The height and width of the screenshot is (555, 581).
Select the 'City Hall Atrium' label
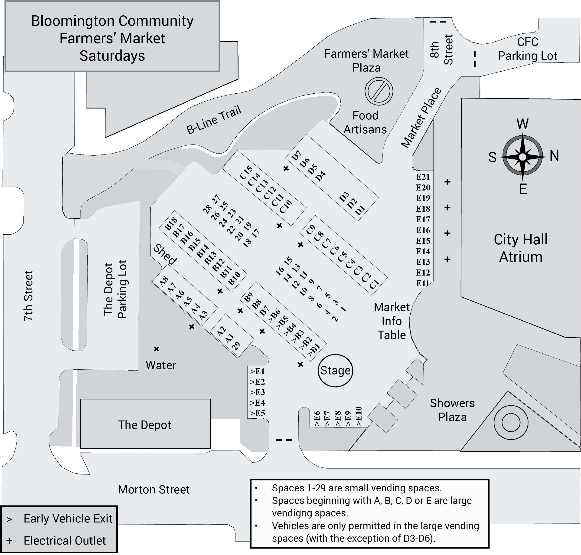click(520, 248)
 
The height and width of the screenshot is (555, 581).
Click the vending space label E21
click(423, 177)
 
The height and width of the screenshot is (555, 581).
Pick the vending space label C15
click(246, 172)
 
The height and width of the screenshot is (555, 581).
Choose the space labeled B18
click(171, 223)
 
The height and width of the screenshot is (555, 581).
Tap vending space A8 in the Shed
click(164, 281)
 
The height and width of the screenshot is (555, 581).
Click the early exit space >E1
click(257, 371)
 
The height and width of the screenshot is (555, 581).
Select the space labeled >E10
click(358, 416)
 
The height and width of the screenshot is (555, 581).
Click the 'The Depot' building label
click(145, 425)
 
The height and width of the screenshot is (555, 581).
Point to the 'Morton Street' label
click(154, 490)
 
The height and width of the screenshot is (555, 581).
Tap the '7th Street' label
click(28, 296)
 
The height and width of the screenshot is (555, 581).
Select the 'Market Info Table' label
click(392, 321)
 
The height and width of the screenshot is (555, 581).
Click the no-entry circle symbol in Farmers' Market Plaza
click(379, 91)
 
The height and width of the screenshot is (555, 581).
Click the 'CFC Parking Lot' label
click(528, 49)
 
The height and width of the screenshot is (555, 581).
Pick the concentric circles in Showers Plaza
click(511, 422)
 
